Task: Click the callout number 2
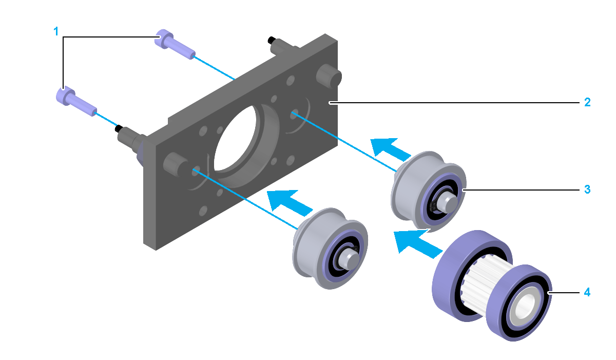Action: (587, 102)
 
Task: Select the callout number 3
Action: (587, 190)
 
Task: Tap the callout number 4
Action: (587, 292)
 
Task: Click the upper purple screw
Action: (175, 45)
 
